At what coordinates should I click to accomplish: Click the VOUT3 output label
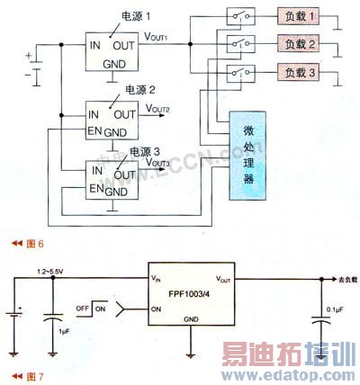point(156,164)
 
